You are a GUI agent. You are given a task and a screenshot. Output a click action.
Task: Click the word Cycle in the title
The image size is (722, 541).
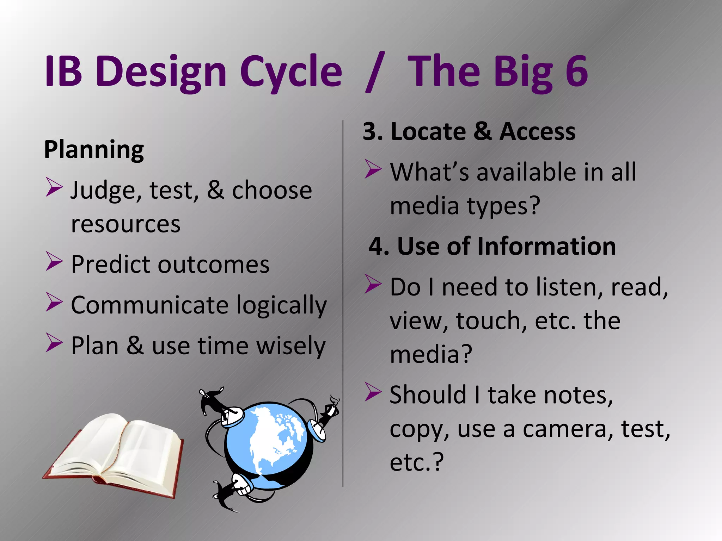pos(291,72)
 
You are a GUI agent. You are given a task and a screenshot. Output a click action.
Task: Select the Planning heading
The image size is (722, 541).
pos(94,150)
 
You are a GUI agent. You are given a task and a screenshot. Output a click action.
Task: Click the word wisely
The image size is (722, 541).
pos(290,346)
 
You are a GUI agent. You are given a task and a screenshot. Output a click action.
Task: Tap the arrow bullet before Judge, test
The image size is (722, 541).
pos(54,187)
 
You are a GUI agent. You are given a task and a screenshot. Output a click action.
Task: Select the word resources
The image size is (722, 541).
pos(126,224)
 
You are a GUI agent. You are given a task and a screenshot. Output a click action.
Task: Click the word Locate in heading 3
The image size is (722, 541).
pos(428,132)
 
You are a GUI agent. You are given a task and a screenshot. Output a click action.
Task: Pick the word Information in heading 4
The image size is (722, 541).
pos(546,246)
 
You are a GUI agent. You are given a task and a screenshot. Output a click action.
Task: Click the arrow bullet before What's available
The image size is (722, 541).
pos(373,169)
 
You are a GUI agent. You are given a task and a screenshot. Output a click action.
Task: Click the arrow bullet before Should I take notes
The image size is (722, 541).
pos(373,392)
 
